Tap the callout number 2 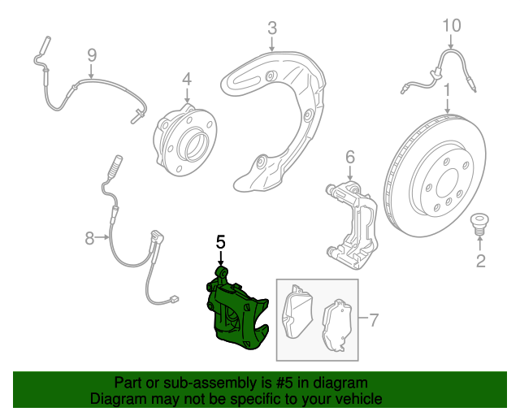coord(480,260)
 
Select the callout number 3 coord(272,30)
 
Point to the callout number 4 coord(186,79)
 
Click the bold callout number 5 coord(219,241)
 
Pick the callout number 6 coord(350,156)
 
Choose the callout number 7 coord(373,319)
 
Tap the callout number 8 coord(89,238)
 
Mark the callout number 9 coord(92,55)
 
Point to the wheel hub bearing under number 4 coord(184,139)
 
